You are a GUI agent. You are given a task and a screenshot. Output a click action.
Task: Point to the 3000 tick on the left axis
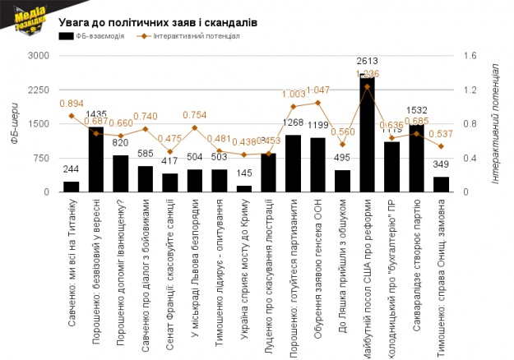point(39,55)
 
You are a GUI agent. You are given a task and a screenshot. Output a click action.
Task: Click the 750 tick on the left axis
point(42,158)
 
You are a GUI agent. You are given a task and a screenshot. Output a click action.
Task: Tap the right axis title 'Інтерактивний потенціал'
point(495,123)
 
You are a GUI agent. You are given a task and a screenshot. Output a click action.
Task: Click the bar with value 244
point(72,187)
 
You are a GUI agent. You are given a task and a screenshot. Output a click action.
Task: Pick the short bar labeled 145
point(244,188)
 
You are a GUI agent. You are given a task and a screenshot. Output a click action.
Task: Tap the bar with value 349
point(442,184)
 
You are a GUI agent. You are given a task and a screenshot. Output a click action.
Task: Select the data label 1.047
point(317,90)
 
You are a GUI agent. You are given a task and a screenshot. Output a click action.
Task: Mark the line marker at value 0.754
point(195,127)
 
